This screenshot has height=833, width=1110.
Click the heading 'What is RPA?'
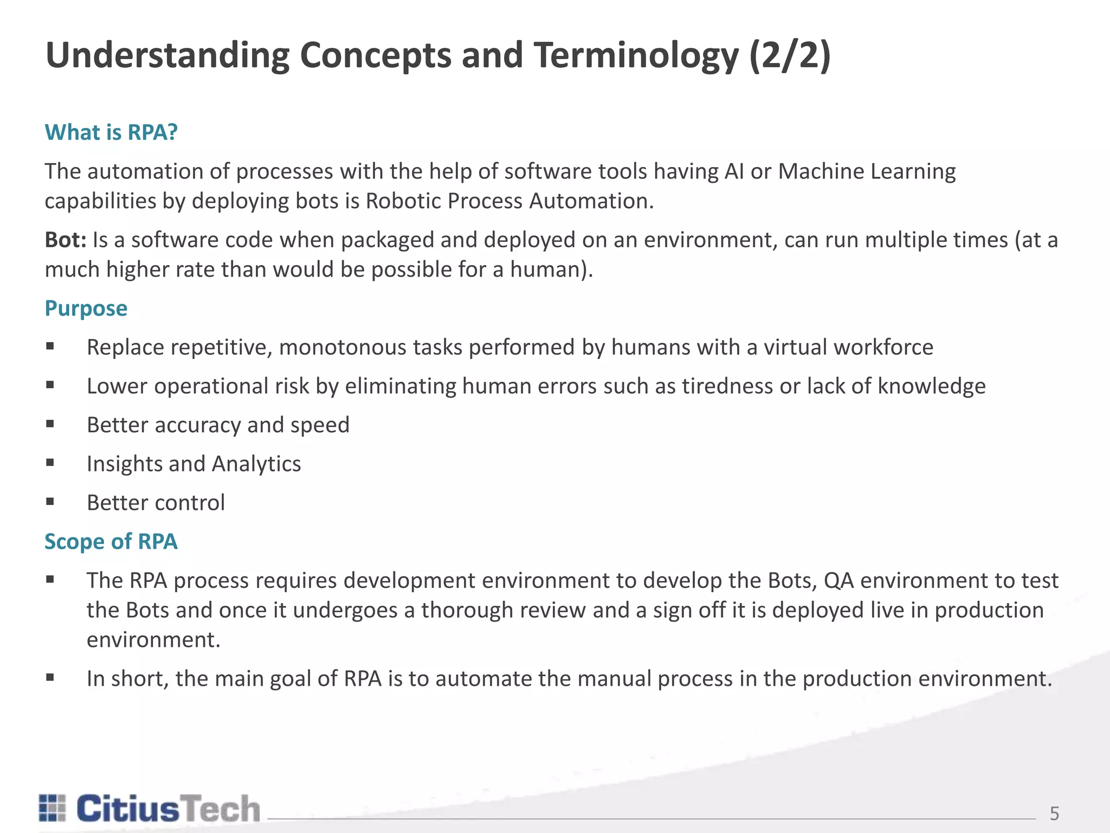[x=111, y=132]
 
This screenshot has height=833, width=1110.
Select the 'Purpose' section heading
[x=86, y=308]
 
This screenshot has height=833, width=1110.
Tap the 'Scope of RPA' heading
[x=111, y=541]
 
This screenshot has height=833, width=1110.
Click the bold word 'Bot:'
[x=66, y=240]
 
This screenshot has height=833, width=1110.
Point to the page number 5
[x=1054, y=813]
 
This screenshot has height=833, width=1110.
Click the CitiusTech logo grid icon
[x=52, y=808]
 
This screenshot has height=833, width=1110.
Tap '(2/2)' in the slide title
[x=790, y=55]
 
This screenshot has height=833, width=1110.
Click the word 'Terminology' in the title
[x=636, y=55]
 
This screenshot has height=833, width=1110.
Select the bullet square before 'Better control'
[x=50, y=502]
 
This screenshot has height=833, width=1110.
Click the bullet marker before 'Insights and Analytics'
[x=50, y=463]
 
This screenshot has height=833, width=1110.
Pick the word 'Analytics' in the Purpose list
[x=256, y=464]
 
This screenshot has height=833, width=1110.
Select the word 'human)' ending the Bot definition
[x=551, y=270]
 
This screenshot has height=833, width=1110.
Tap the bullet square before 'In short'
[x=50, y=677]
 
